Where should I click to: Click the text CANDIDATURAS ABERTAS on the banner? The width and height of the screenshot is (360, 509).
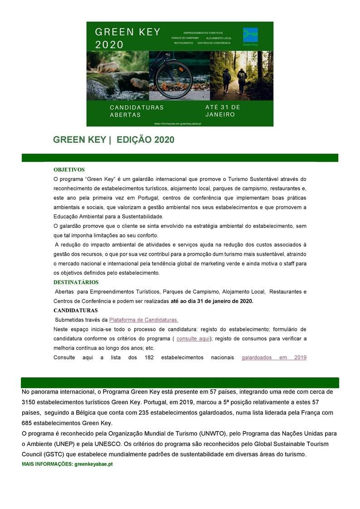(x=136, y=111)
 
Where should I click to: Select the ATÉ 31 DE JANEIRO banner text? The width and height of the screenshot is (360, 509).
(x=223, y=111)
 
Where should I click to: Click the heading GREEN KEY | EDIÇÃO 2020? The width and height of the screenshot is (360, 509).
(x=113, y=140)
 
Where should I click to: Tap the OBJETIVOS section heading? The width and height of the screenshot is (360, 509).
(x=69, y=170)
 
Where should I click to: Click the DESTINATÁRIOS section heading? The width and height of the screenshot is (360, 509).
(x=76, y=282)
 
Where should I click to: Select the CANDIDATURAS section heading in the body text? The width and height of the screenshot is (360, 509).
(x=75, y=310)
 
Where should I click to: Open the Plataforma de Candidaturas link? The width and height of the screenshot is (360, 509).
(x=143, y=320)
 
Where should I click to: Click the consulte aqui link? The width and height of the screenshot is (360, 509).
(x=193, y=339)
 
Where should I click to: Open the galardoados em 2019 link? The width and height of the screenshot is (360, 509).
(x=274, y=357)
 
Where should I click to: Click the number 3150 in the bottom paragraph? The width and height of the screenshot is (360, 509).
(x=29, y=402)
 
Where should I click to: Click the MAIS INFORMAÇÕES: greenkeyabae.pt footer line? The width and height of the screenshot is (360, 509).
(x=67, y=465)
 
